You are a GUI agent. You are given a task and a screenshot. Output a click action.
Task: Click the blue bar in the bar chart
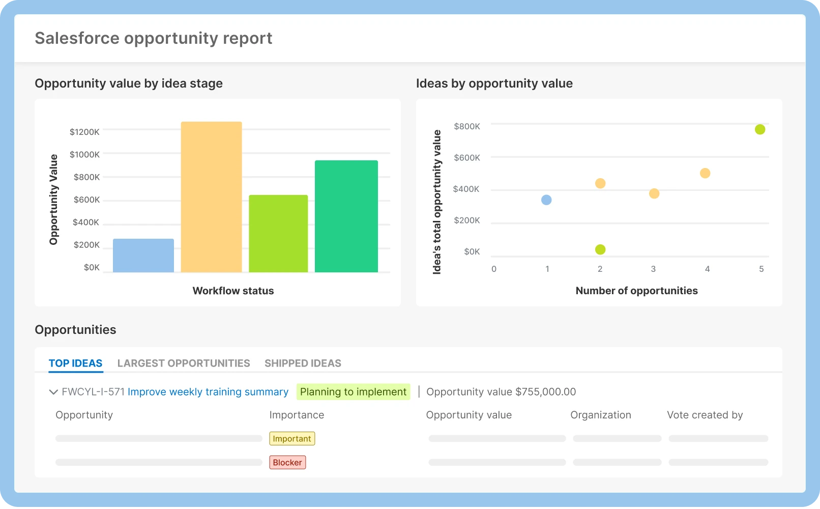point(143,256)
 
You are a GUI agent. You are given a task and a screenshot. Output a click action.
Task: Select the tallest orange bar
point(211,197)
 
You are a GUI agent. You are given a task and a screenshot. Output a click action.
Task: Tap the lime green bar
point(278,234)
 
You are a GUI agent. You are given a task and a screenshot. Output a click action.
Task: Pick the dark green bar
point(346,216)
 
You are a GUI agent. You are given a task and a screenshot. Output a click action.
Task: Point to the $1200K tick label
point(84,132)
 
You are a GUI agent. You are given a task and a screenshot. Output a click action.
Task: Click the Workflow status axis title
point(233,291)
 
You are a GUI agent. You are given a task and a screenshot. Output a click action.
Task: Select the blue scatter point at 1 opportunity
point(546,200)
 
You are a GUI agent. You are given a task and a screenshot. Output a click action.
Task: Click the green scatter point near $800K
point(760,129)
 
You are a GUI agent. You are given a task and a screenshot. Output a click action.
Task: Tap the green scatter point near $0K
point(600,249)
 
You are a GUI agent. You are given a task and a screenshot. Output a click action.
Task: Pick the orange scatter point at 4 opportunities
point(705,173)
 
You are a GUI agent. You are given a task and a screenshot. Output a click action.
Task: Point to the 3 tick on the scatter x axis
point(653,269)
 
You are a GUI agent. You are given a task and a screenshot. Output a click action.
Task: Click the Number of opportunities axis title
point(636,291)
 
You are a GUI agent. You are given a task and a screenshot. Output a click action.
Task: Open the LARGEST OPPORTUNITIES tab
point(184,363)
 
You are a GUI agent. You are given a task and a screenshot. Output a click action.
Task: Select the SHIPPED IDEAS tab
point(303,363)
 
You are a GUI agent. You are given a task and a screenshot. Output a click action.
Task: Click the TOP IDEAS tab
point(75,363)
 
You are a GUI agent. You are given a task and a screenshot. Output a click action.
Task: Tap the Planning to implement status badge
point(353,392)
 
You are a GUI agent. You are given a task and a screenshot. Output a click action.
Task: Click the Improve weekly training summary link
point(208,392)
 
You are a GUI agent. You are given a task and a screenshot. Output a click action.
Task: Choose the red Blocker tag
point(287,462)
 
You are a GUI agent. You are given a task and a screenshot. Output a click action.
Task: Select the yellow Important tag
point(292,439)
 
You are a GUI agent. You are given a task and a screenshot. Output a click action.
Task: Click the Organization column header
point(600,415)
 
